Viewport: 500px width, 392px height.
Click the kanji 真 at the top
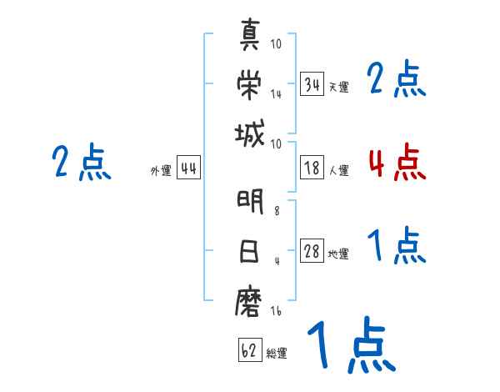click(x=250, y=34)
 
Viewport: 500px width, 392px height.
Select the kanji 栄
click(x=249, y=84)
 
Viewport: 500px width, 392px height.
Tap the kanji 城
click(x=250, y=133)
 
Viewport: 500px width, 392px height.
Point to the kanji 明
click(x=250, y=201)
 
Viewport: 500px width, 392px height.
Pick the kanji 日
click(x=249, y=251)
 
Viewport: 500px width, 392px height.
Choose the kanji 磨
click(x=248, y=302)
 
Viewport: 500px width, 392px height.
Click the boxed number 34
click(x=312, y=84)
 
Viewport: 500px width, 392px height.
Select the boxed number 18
click(x=312, y=168)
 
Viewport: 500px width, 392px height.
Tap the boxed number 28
click(x=312, y=250)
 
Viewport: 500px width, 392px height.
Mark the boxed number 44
click(x=188, y=168)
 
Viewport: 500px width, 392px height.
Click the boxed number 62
click(x=250, y=349)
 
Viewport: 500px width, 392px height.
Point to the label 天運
click(x=338, y=87)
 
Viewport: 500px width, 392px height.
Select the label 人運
click(x=338, y=170)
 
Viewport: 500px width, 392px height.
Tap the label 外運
click(x=161, y=170)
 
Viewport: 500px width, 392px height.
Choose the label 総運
click(x=277, y=353)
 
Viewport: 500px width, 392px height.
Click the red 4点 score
click(x=397, y=162)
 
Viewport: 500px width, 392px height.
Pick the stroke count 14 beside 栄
click(x=276, y=94)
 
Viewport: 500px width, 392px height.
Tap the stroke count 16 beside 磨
click(x=276, y=310)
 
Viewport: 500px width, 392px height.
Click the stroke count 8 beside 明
click(x=277, y=211)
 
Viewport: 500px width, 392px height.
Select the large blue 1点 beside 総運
click(x=352, y=344)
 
